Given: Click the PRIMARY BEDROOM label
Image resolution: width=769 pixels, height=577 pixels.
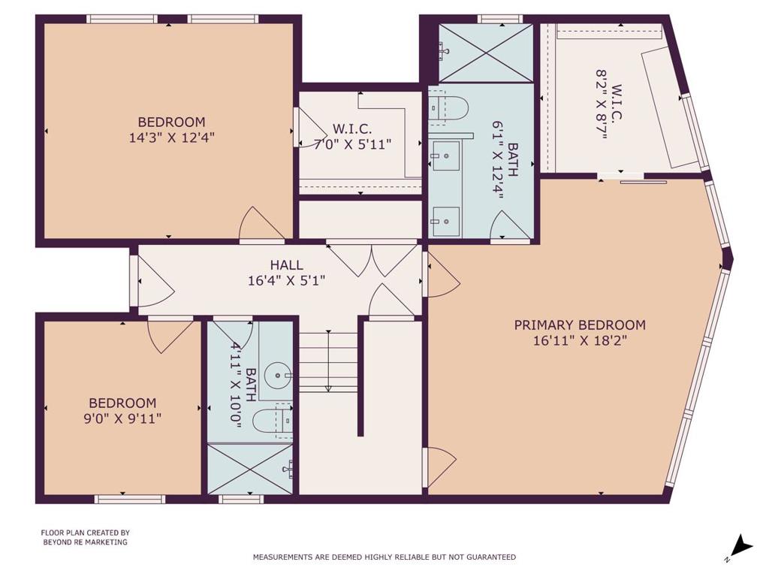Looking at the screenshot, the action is (580, 325).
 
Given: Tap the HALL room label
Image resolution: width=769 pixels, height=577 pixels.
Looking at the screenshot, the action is (286, 265).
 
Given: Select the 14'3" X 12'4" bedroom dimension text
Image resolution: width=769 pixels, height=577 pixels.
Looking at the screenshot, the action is (172, 137).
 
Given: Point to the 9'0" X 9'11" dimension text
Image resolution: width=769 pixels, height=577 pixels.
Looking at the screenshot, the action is (122, 419).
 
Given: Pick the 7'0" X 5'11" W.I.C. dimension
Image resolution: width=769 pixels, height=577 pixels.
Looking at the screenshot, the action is (353, 144).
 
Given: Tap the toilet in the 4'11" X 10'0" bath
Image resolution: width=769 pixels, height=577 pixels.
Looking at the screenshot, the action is (273, 421).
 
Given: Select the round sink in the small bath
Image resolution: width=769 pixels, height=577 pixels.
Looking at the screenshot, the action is (278, 376).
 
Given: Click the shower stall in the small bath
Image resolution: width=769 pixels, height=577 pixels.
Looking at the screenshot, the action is (250, 469).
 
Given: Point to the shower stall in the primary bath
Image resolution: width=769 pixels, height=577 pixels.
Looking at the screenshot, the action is (486, 53).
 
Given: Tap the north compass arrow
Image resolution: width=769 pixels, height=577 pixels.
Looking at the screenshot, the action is (743, 545).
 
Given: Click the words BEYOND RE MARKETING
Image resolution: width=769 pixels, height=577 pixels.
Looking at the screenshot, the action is (86, 542).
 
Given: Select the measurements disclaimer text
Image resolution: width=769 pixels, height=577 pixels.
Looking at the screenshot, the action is (384, 557).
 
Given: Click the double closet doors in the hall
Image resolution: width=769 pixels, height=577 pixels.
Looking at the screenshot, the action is (372, 259).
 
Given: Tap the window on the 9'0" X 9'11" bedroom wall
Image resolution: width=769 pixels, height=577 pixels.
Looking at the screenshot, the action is (130, 499).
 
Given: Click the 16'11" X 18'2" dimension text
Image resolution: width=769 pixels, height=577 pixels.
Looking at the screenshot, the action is (581, 340).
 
